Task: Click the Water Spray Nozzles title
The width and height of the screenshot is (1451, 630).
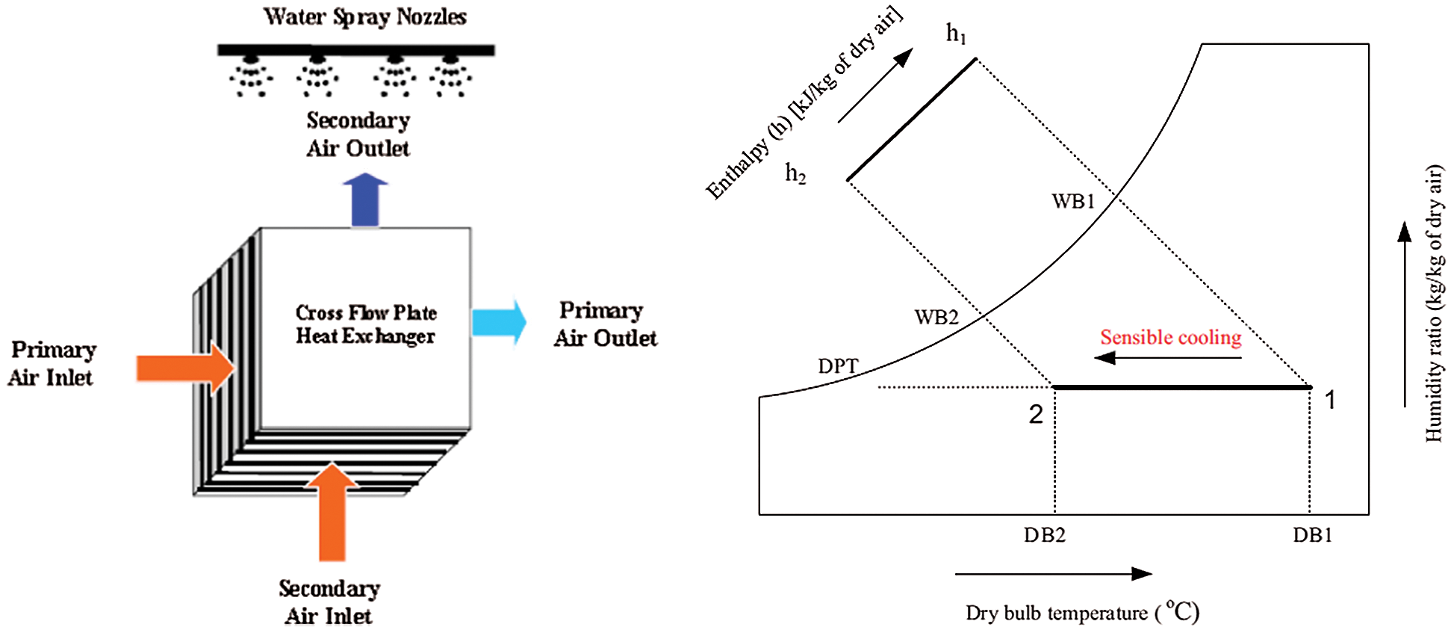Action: point(364,16)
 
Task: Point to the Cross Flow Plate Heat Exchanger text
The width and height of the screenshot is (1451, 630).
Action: point(365,324)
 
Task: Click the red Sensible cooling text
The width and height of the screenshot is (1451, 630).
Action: point(1170,337)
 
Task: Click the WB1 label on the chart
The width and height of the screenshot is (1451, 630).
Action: point(1073,201)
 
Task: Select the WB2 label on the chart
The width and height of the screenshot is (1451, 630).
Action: point(936,317)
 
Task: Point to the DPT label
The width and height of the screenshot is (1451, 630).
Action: point(838,366)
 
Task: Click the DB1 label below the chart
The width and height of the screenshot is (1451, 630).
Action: point(1312,535)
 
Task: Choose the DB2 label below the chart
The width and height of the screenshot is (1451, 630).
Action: point(1044,535)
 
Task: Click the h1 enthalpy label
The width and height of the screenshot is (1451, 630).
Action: point(956,34)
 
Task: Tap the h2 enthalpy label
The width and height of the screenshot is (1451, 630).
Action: point(795,173)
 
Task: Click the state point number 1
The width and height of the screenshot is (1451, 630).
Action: point(1330,400)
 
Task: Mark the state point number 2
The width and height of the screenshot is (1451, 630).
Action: point(1036,414)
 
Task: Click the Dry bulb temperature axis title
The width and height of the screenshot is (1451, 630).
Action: point(1081,613)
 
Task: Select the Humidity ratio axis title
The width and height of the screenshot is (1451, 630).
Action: point(1434,303)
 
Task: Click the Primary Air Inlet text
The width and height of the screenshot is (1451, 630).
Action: point(52,363)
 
